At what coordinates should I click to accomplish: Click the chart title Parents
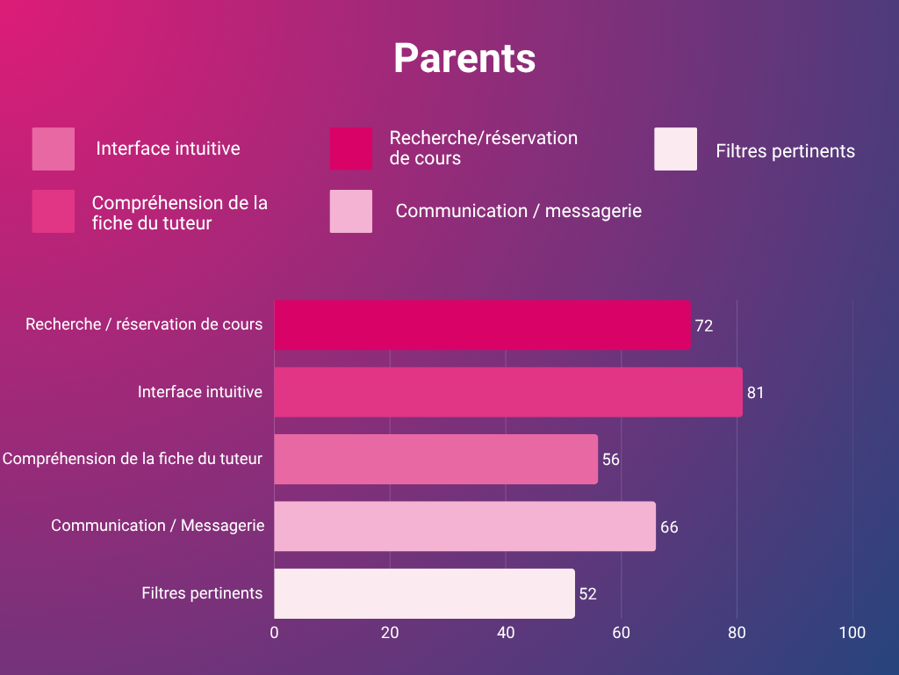pos(464,59)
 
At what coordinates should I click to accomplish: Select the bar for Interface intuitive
pos(507,392)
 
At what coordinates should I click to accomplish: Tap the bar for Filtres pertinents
pos(424,593)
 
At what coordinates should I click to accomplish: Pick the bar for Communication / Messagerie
pos(464,526)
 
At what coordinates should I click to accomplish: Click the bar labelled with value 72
pos(482,325)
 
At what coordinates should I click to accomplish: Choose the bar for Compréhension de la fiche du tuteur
pos(435,459)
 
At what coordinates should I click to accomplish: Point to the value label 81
pos(755,393)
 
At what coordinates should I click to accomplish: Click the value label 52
pos(587,594)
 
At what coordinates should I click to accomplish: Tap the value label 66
pos(669,527)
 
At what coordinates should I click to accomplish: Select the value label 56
pos(611,460)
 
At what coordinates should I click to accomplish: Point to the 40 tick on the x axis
pos(506,633)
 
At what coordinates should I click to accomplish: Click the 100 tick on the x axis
pos(852,633)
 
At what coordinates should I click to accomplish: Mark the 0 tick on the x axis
pos(274,633)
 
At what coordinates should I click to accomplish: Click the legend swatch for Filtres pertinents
pos(675,149)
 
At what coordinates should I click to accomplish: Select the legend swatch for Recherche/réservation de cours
pos(351,149)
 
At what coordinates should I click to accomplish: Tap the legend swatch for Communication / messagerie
pos(351,211)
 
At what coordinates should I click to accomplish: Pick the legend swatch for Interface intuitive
pos(54,149)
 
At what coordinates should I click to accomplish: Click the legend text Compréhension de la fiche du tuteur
pos(180,213)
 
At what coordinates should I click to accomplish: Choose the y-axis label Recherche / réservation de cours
pos(144,324)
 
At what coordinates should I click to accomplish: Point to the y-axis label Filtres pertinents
pos(202,593)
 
